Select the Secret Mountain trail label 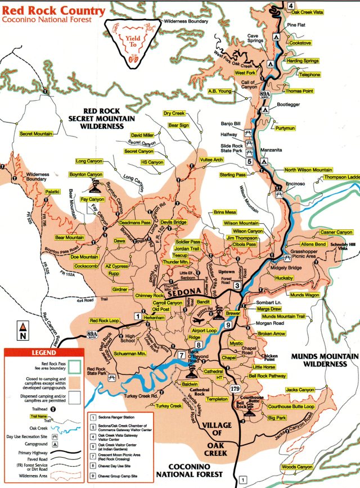tap(35, 134)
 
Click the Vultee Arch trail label tap(211, 160)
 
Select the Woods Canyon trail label tap(296, 467)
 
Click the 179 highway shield tap(236, 388)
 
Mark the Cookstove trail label tap(300, 43)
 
